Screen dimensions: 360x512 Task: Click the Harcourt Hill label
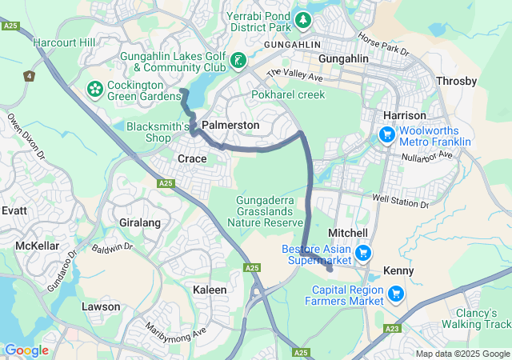tap(63, 42)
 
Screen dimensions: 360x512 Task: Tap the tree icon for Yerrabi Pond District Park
tap(303, 19)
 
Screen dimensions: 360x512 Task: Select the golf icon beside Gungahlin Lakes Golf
tap(238, 61)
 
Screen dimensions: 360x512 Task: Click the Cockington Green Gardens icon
tap(95, 86)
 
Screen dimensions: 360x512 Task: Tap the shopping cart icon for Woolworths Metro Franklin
tap(387, 134)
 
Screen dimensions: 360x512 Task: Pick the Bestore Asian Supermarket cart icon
tap(364, 253)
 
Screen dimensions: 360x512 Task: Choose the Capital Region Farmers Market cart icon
tap(394, 294)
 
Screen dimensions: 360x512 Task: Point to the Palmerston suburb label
tap(230, 126)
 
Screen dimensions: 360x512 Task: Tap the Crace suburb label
tap(192, 159)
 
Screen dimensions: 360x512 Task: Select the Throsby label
tap(457, 81)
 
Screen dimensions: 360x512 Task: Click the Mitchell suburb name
tap(348, 232)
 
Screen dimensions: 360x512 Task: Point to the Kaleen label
tap(210, 289)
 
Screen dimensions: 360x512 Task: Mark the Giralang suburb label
tap(140, 222)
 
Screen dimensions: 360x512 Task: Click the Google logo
tap(26, 350)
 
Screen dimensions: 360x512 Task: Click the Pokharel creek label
tap(287, 94)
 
